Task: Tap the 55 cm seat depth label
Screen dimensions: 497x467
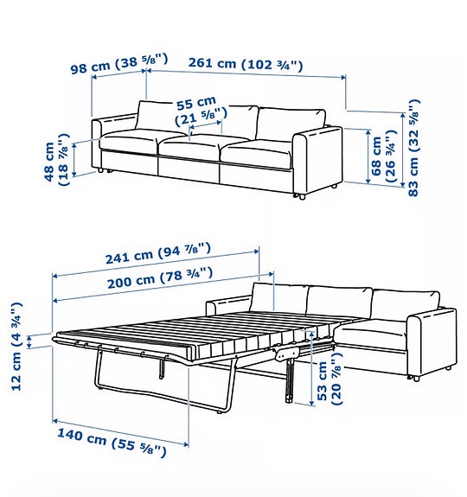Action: point(201,111)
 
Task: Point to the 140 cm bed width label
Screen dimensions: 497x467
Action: point(110,441)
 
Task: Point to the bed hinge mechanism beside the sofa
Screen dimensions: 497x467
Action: point(286,353)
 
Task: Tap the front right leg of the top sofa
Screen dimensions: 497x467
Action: point(303,198)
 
